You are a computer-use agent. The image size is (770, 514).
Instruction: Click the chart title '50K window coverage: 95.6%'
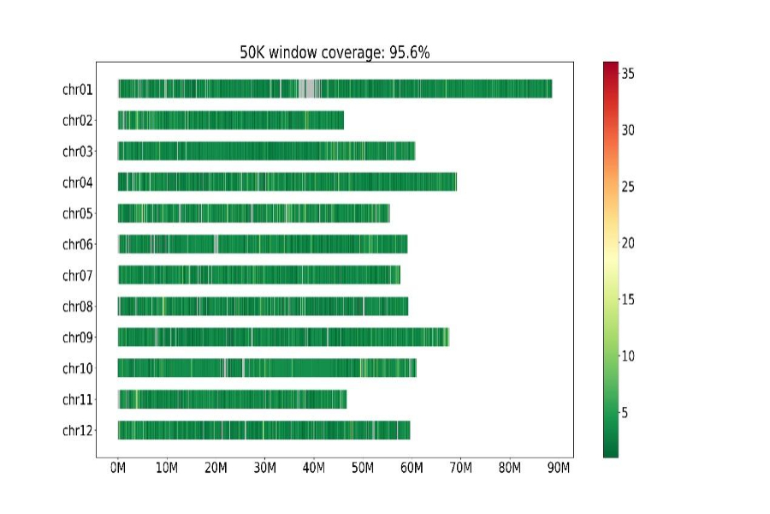pos(334,53)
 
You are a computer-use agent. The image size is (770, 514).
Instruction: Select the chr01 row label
pos(77,89)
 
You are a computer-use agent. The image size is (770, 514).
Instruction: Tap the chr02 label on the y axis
pos(77,121)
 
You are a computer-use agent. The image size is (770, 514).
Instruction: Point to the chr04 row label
pos(77,182)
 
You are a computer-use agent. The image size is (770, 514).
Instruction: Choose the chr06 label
pos(77,244)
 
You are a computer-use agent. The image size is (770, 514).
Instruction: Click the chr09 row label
pos(77,338)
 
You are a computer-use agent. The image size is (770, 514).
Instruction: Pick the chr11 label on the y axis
pos(77,399)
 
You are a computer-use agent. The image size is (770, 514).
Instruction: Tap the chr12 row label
pos(77,430)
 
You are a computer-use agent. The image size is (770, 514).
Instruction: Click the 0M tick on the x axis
pos(118,469)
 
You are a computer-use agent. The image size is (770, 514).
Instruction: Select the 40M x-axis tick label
pos(314,469)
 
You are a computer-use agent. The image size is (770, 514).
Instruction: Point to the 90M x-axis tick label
pos(559,469)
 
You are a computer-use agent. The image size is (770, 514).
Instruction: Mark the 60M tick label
pos(412,469)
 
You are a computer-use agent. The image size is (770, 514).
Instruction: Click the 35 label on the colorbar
pos(627,75)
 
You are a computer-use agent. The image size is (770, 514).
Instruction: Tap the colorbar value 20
pos(627,243)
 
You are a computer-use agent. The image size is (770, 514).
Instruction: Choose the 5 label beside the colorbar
pos(625,413)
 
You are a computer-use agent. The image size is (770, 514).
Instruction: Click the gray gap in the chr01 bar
pos(307,89)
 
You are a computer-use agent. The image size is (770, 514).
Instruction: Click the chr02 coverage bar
pos(231,121)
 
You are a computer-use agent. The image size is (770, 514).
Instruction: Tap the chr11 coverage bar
pos(231,399)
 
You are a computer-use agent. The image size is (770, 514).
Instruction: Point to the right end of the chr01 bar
pos(550,89)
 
